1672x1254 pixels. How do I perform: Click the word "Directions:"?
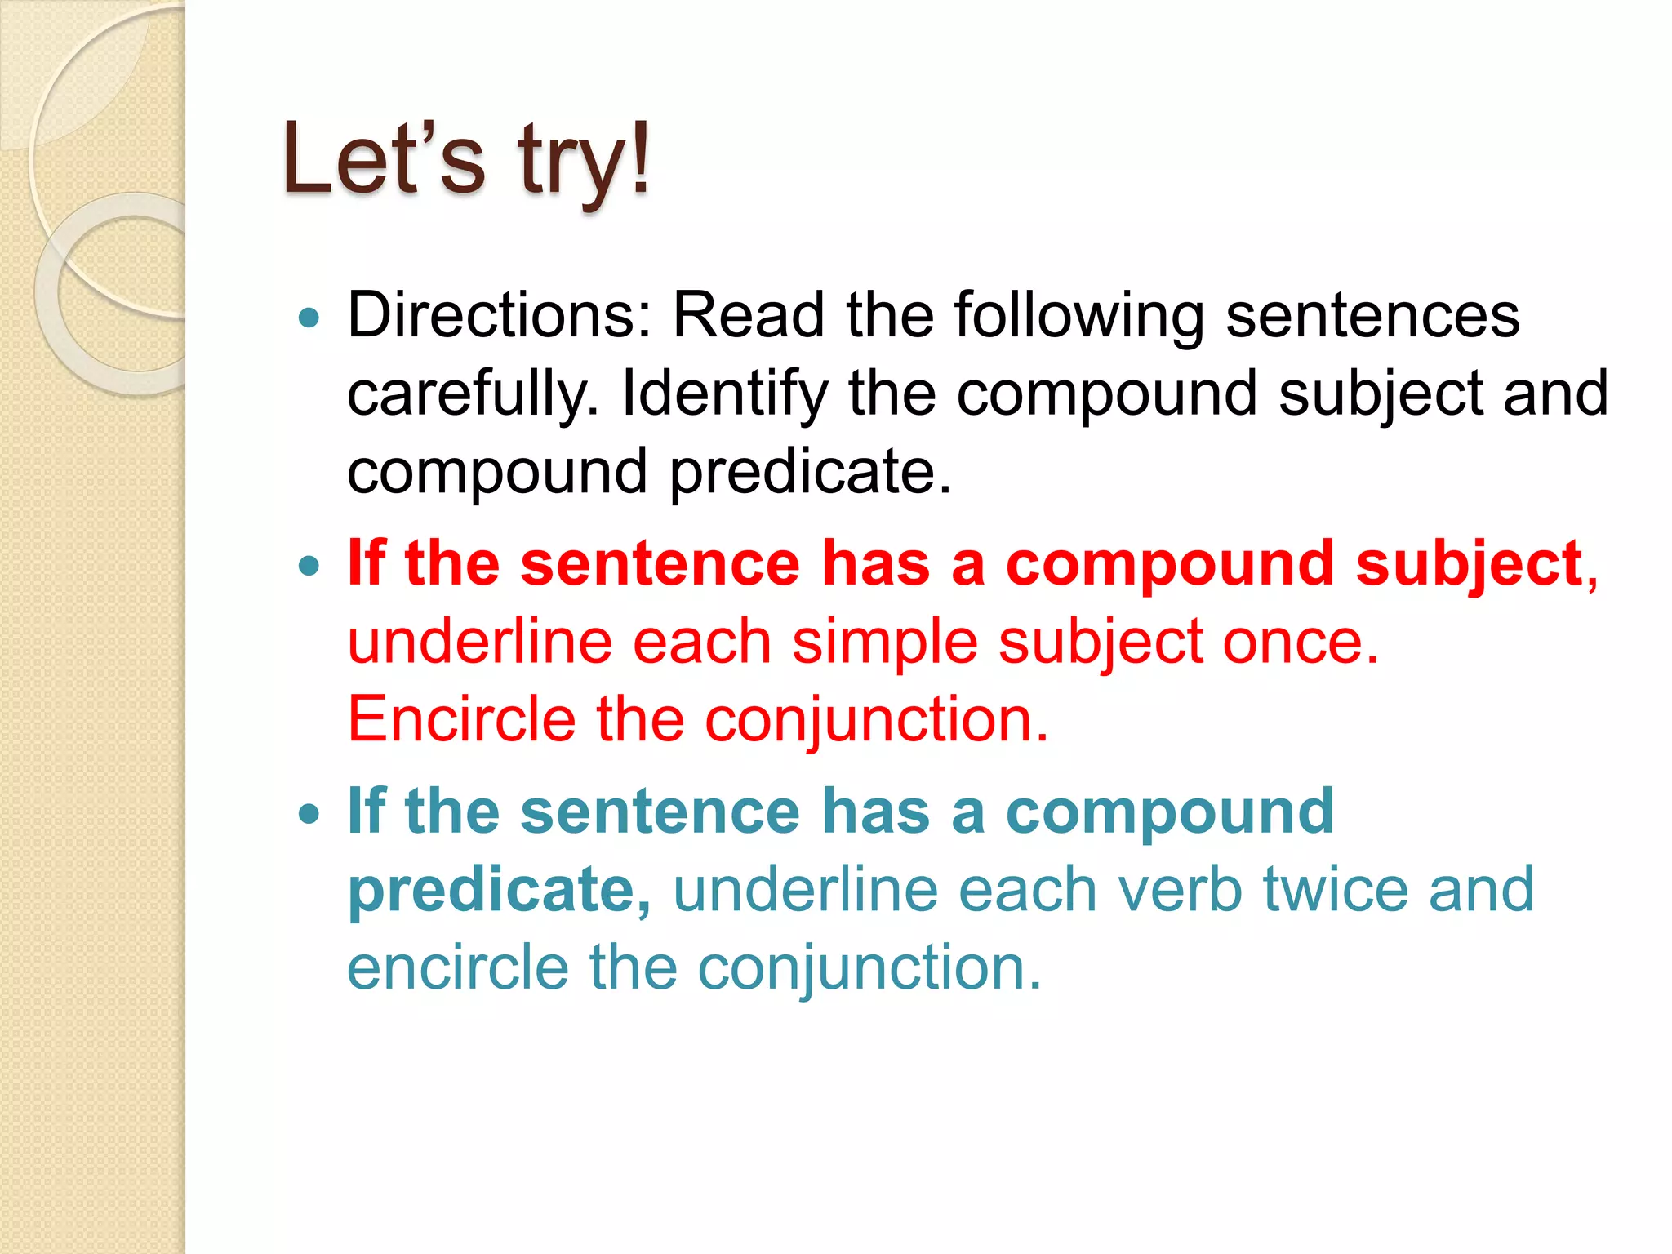(x=500, y=315)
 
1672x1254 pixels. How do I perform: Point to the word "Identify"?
(x=724, y=394)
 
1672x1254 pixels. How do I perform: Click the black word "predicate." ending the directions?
(x=811, y=472)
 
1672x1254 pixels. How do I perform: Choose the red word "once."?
(x=1301, y=642)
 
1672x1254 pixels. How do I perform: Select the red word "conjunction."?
(x=876, y=721)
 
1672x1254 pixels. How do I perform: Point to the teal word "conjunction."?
(x=869, y=968)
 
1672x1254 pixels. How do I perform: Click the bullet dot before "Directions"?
(x=309, y=318)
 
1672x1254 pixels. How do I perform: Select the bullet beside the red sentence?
(x=309, y=566)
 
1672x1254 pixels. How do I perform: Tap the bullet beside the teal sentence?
(x=309, y=814)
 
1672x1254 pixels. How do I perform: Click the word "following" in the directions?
(x=1079, y=317)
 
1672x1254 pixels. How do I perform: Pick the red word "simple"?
(x=885, y=642)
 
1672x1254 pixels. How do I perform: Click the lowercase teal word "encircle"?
(x=457, y=967)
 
